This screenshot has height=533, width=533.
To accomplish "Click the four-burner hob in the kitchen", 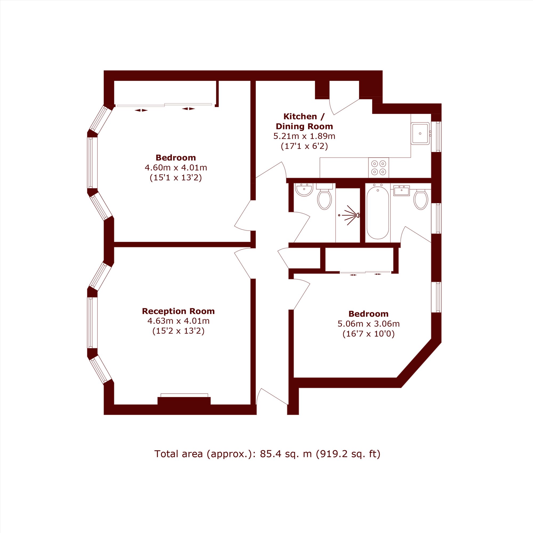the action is (378, 168).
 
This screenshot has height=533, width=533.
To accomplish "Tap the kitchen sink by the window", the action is (420, 134).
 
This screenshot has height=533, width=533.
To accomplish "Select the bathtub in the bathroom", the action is (378, 213).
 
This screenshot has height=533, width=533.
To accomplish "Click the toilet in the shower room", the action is (324, 197).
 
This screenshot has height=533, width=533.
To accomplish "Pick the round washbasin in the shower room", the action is (304, 190).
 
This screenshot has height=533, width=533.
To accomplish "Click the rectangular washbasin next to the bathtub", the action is (402, 191).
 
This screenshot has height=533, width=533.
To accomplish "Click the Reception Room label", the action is (178, 311).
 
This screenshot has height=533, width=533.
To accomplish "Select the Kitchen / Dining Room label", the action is (304, 121).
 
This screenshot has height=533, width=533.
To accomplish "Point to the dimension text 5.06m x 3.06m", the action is (369, 324).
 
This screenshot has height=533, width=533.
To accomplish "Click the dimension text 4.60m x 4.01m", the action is (176, 167).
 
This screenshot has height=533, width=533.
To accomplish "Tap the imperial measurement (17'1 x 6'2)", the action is (304, 146).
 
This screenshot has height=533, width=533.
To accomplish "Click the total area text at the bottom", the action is (267, 454).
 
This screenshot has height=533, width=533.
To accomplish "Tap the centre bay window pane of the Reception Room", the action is (92, 322).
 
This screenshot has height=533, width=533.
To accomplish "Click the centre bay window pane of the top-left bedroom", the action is (92, 163).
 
